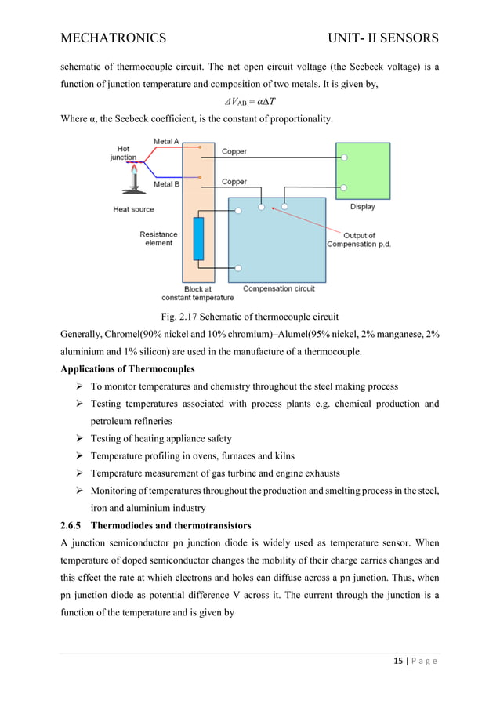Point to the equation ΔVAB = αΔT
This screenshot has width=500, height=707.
click(249, 103)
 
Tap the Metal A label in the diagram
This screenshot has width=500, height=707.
click(166, 142)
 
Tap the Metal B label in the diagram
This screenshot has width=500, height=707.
click(166, 184)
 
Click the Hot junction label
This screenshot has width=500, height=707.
click(123, 153)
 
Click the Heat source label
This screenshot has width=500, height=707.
click(133, 209)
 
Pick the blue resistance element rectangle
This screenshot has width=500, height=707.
click(197, 239)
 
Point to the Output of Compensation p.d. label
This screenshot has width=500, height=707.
click(361, 240)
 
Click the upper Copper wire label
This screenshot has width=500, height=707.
click(234, 151)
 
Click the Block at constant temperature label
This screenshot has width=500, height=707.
click(197, 293)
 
